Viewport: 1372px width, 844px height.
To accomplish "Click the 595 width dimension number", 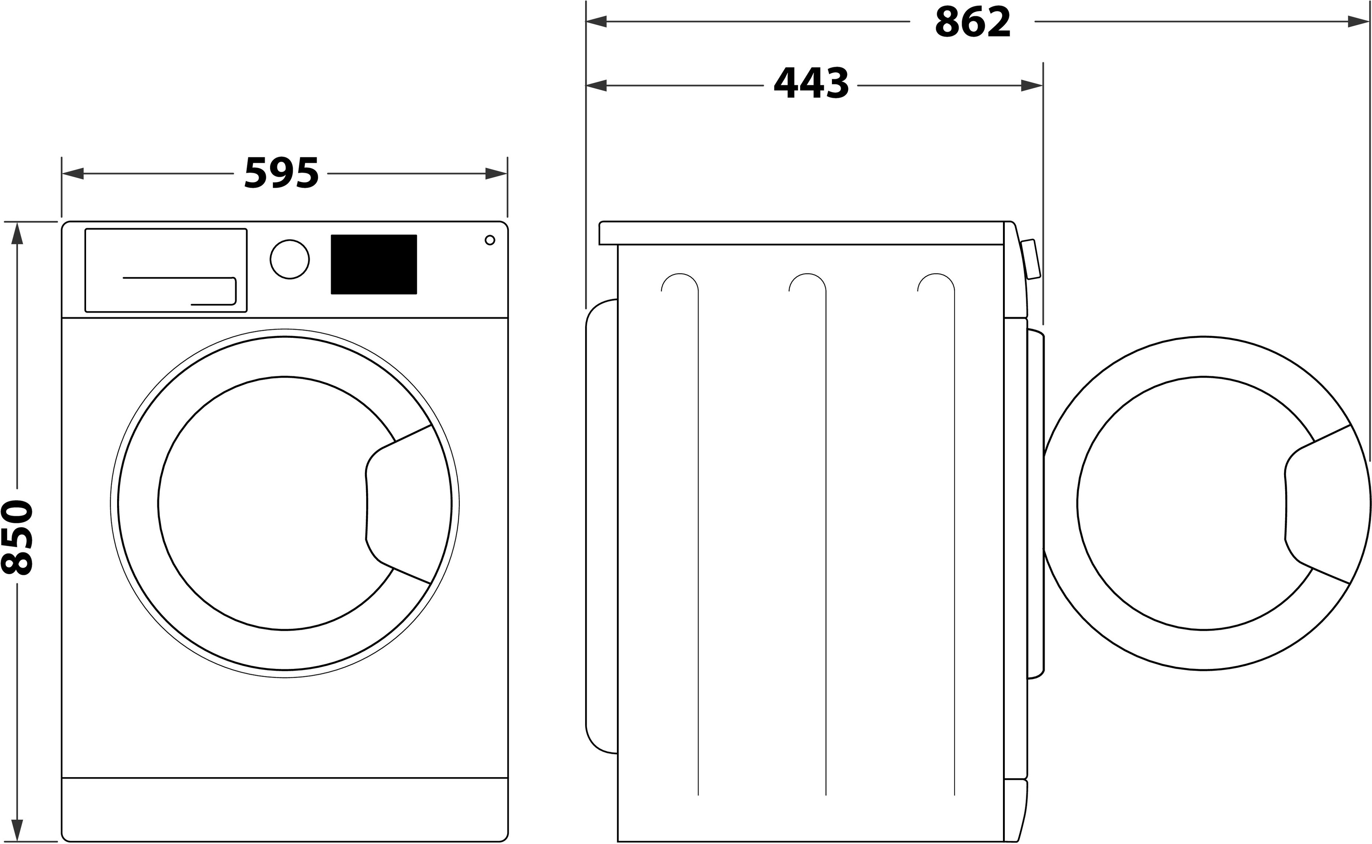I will [x=281, y=173].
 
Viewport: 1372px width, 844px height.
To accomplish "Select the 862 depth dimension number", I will [x=972, y=22].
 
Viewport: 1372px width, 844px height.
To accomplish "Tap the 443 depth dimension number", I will [x=811, y=84].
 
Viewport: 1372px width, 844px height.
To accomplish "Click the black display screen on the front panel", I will [x=373, y=264].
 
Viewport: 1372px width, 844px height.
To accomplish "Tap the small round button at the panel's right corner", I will [x=490, y=240].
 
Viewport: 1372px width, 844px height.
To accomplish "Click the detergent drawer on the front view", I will [x=166, y=270].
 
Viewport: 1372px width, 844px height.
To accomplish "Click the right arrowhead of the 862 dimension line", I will [x=1358, y=22].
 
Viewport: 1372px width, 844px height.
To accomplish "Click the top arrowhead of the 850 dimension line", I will [x=17, y=233].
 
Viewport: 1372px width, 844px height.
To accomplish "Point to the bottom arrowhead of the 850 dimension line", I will [x=17, y=830].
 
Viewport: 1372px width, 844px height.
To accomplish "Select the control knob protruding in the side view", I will [x=1031, y=259].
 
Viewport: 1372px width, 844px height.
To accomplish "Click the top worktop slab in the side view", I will [x=801, y=233].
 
